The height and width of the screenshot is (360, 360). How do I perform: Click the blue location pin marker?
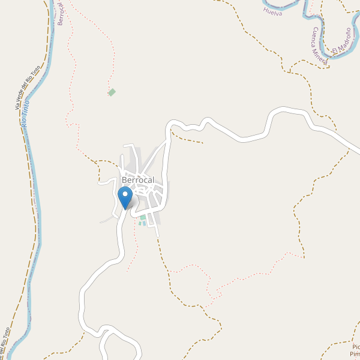click(125, 197)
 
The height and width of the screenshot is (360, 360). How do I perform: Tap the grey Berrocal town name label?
click(138, 180)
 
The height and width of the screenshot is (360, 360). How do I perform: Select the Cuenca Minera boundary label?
click(319, 46)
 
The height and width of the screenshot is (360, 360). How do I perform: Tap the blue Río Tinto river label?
click(25, 118)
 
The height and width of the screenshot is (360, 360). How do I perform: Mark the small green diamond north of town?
click(112, 92)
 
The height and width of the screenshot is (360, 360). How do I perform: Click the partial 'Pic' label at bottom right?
click(356, 347)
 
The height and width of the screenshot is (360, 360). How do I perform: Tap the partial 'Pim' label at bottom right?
click(355, 354)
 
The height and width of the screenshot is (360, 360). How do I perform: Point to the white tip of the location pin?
click(125, 208)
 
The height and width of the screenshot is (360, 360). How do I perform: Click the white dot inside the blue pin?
click(125, 194)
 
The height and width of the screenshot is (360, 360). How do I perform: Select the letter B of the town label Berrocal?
click(124, 180)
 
